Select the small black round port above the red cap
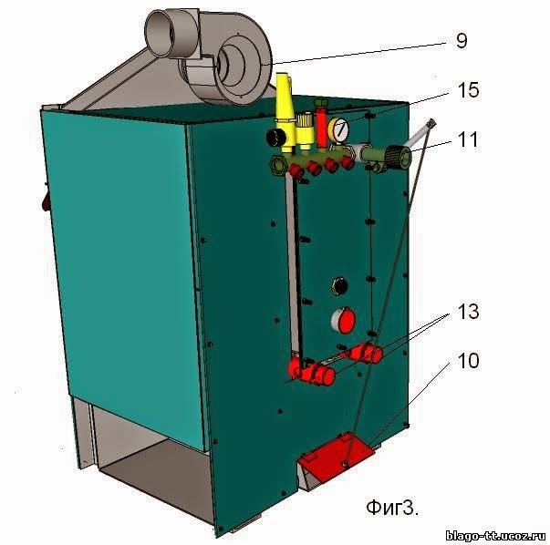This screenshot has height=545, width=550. click(x=341, y=284)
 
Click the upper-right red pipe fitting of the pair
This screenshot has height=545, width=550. click(x=367, y=351)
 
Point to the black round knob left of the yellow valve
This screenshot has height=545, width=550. click(x=271, y=137)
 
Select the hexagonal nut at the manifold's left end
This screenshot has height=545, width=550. click(x=276, y=165)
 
